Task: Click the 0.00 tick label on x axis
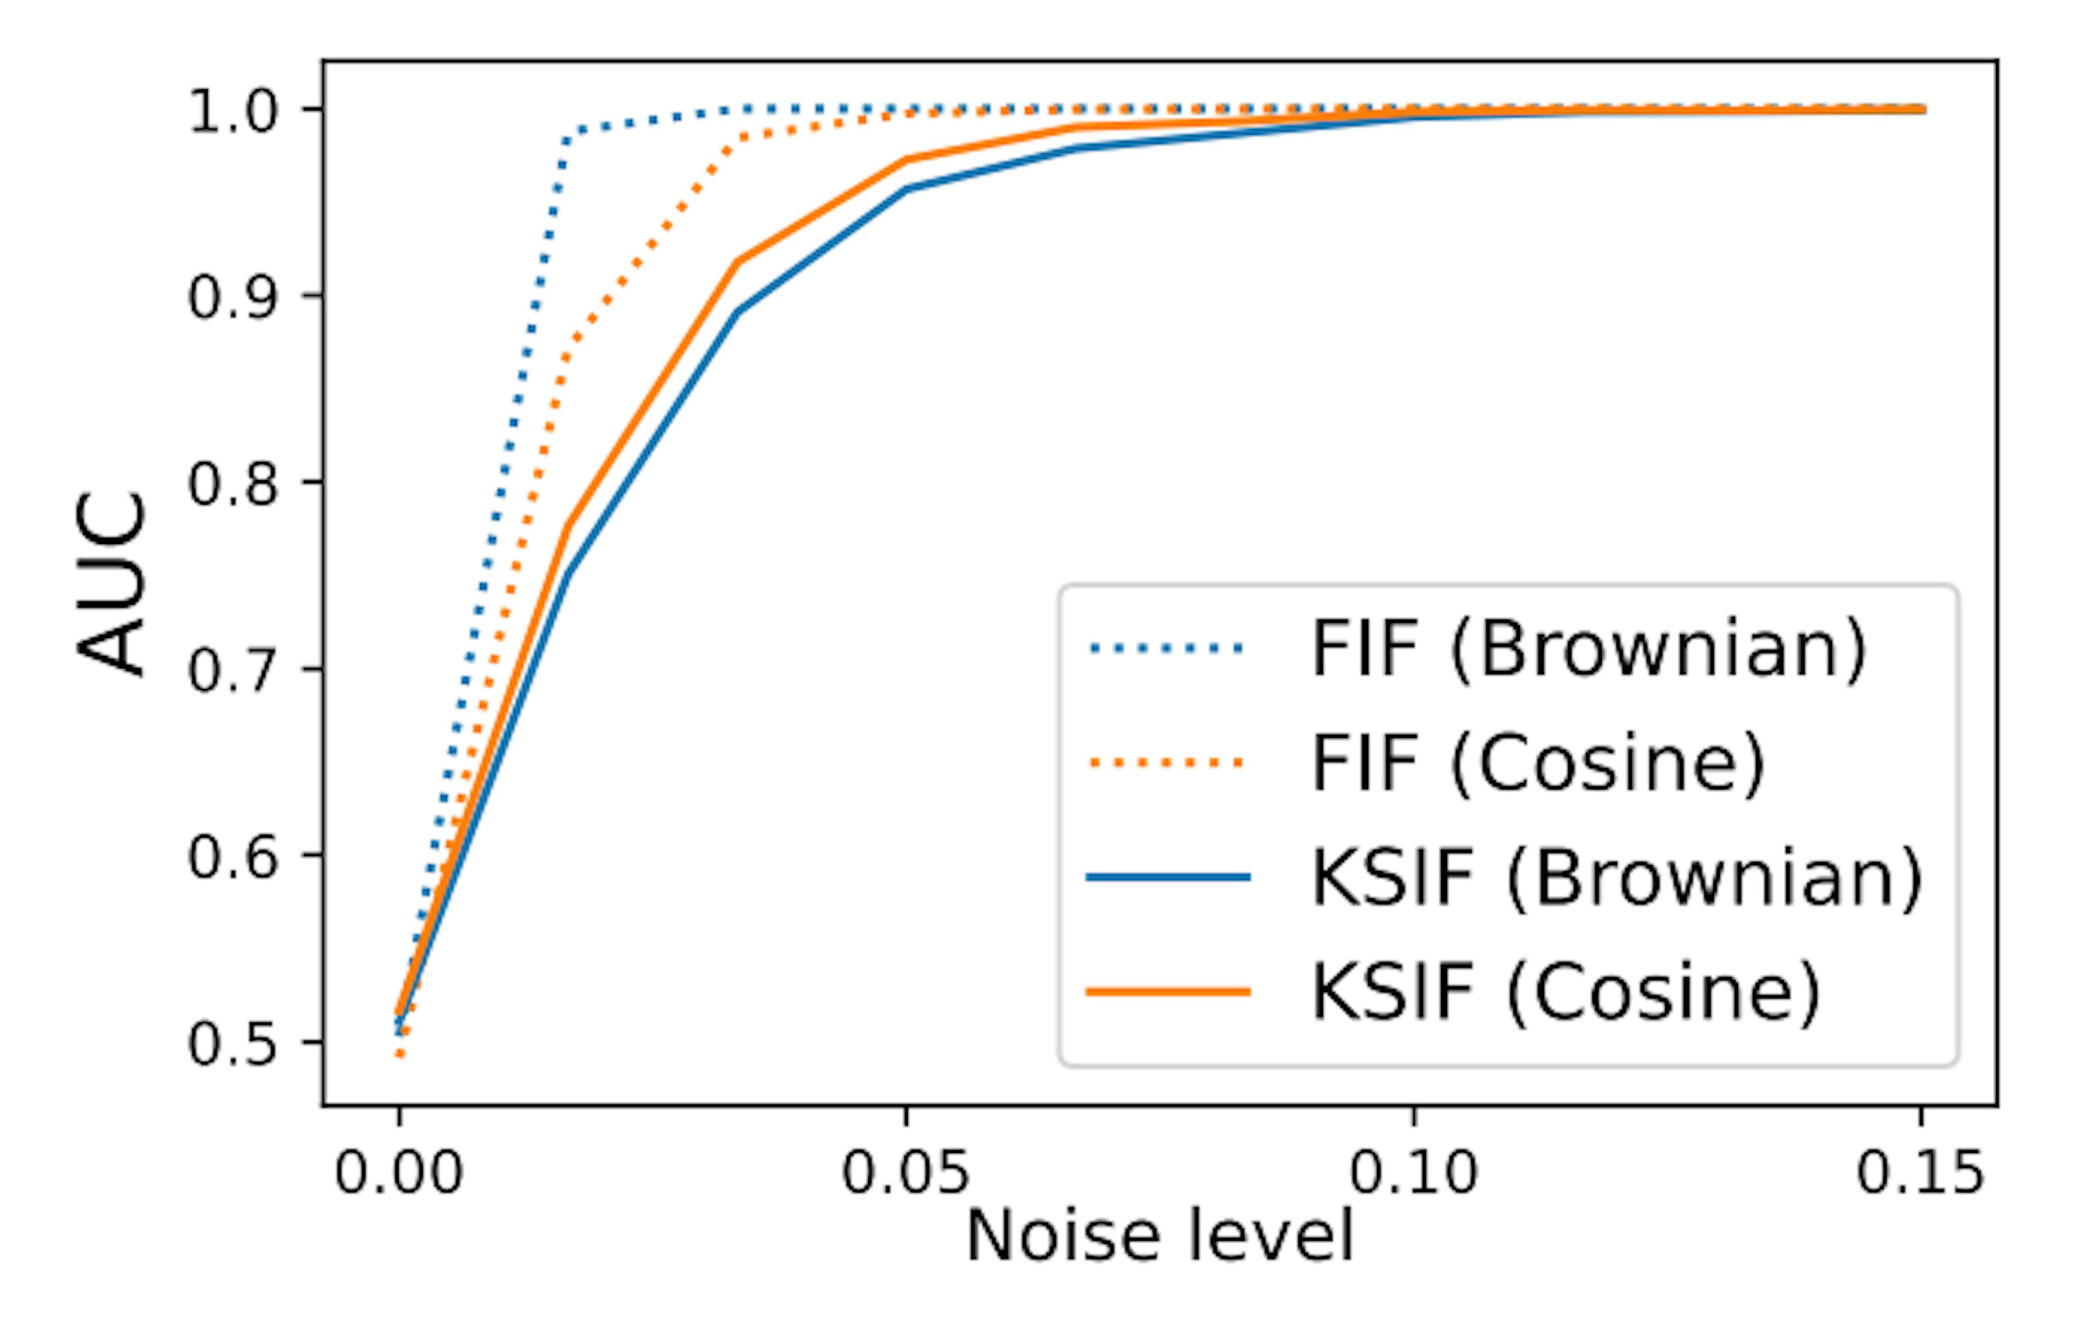point(399,1173)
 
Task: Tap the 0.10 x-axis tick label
point(1414,1173)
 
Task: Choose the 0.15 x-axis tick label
point(1920,1173)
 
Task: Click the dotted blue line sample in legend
point(1168,648)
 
